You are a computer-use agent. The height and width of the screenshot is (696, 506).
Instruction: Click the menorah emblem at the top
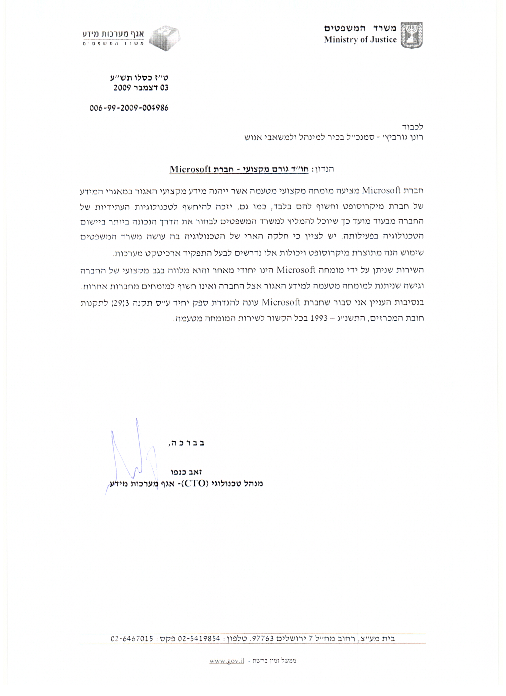pyautogui.click(x=412, y=35)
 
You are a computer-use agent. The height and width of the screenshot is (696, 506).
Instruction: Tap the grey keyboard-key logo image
pyautogui.click(x=166, y=38)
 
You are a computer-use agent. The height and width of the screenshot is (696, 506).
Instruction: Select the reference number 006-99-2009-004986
pyautogui.click(x=129, y=108)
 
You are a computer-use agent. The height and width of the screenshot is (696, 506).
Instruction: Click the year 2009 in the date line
pyautogui.click(x=122, y=88)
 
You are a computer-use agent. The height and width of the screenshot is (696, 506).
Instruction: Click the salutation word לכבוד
pyautogui.click(x=412, y=127)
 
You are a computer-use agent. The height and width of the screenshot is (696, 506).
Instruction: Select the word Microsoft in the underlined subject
pyautogui.click(x=190, y=169)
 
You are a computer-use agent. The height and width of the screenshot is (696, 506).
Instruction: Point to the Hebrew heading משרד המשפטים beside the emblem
pyautogui.click(x=361, y=29)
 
